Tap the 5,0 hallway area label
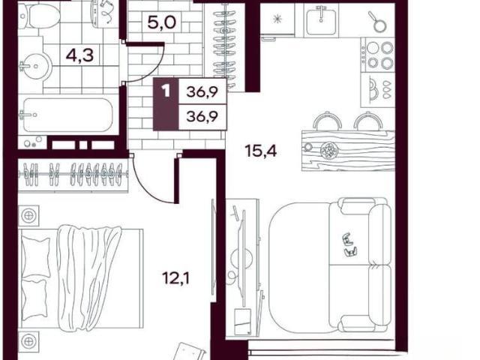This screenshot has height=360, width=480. coord(162,22)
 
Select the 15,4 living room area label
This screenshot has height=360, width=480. coord(261,151)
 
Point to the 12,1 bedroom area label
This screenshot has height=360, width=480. coord(175,278)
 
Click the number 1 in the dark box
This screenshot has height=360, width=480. coord(166,91)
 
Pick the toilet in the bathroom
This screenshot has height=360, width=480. coord(39,16)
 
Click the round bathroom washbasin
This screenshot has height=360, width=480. coord(35,66)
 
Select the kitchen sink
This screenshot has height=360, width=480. coord(321,21)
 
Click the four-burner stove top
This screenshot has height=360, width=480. coord(378,55)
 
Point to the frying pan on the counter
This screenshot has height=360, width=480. coord(378,22)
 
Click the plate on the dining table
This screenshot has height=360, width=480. coord(329,151)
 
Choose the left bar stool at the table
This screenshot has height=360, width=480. coord(327,121)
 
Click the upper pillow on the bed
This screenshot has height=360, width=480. coord(35,256)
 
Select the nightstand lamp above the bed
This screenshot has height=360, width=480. coord(29,215)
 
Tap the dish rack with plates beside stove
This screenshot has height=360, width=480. coord(377,90)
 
